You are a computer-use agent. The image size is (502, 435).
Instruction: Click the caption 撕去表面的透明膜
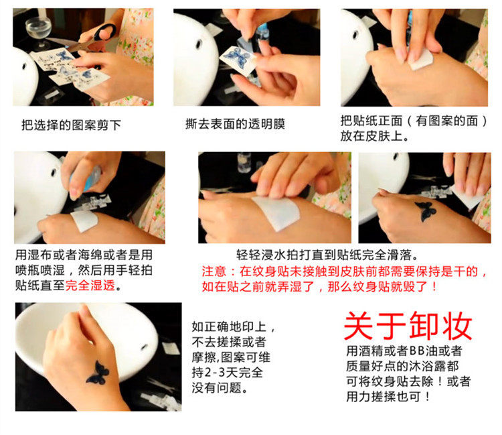[236, 124]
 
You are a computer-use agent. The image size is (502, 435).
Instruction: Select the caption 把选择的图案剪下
[71, 125]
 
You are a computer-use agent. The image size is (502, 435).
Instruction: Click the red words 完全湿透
[90, 285]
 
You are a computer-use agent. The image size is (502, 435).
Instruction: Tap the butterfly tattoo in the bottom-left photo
[98, 373]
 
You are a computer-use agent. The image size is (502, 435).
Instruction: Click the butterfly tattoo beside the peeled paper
[426, 211]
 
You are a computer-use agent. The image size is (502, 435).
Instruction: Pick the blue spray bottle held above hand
[91, 177]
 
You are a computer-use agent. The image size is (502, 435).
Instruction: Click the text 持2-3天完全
[228, 373]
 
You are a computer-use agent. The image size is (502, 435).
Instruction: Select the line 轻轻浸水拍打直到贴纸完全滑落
[327, 255]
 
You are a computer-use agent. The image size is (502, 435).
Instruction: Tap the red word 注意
[214, 271]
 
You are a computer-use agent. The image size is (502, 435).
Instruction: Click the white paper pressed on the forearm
[276, 212]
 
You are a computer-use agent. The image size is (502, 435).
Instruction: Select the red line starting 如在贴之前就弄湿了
[319, 286]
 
